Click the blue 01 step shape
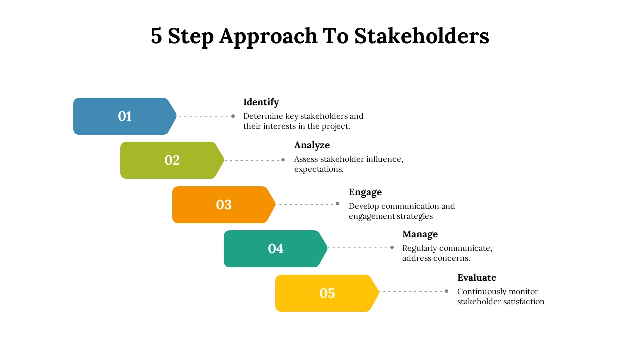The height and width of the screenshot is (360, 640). (x=125, y=116)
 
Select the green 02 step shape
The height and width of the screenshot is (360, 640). (x=172, y=160)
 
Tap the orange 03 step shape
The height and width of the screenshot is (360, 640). (x=223, y=205)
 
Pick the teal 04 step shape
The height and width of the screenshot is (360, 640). (x=275, y=249)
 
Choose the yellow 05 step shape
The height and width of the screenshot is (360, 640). (x=327, y=293)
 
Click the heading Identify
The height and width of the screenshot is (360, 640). (x=261, y=102)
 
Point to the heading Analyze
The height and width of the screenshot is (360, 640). (x=312, y=145)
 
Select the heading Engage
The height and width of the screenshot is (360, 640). (x=365, y=192)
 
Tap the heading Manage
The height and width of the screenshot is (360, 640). (x=420, y=234)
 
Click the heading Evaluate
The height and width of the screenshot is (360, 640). (x=476, y=278)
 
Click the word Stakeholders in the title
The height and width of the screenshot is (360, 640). (x=421, y=36)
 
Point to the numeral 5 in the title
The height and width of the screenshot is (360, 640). (x=156, y=36)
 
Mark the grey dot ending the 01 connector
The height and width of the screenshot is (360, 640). (x=233, y=116)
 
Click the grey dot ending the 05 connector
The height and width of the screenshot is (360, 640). (x=446, y=291)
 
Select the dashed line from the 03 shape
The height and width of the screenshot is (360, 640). (x=306, y=204)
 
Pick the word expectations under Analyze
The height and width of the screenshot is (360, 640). (x=318, y=169)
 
